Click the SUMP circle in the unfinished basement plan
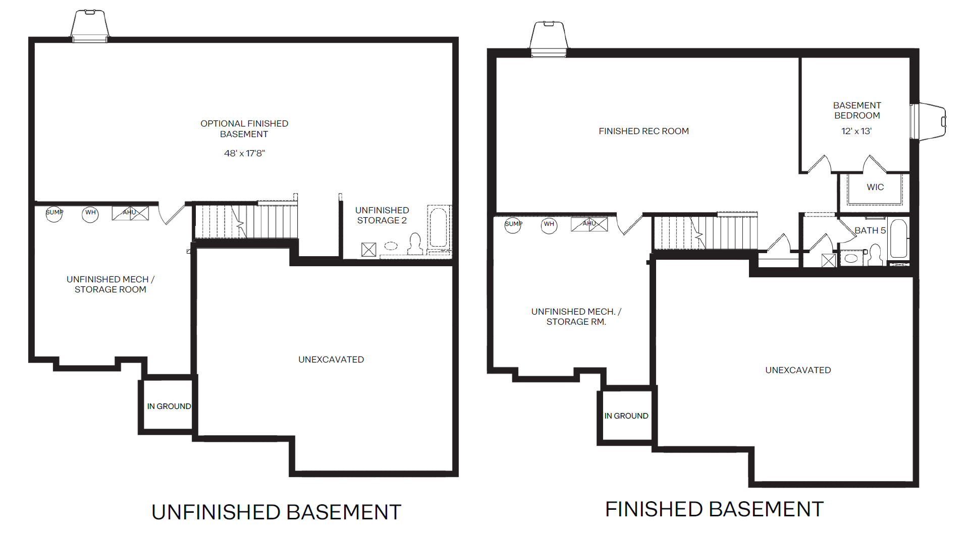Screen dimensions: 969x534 point(54,214)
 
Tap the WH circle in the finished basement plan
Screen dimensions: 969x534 point(549,225)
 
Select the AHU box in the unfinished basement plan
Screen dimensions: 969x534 point(130,213)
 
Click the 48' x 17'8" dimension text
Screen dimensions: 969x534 point(244,153)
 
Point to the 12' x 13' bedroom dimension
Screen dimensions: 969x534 point(856,131)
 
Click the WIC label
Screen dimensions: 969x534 point(875,187)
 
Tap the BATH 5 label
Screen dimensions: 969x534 point(870,230)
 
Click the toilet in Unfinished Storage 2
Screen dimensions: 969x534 point(415,244)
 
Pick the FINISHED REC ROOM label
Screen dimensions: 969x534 point(643,131)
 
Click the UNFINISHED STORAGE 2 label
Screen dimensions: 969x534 point(382,215)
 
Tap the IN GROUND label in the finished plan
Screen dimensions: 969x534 point(626,416)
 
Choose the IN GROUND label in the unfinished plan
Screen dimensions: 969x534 point(169,406)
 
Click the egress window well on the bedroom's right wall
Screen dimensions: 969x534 point(929,121)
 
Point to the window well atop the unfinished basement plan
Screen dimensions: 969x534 point(90,26)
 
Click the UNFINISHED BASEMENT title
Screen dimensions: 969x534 point(277,512)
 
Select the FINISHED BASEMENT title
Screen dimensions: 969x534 point(714,509)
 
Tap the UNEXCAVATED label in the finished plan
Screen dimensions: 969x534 point(798,370)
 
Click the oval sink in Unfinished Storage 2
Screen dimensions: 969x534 point(391,246)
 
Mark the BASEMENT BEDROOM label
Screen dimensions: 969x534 point(857,110)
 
